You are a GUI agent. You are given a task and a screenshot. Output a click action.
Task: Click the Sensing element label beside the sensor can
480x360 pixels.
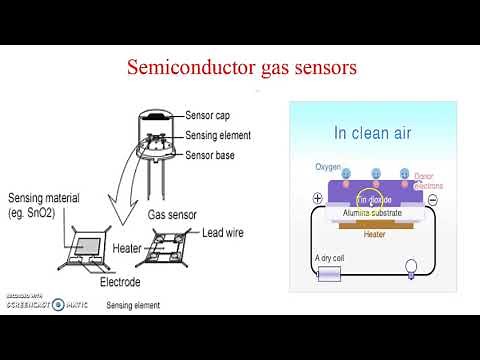[218, 135]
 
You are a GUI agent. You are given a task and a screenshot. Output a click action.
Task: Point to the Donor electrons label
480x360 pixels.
[428, 181]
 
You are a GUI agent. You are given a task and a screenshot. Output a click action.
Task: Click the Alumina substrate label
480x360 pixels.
[373, 213]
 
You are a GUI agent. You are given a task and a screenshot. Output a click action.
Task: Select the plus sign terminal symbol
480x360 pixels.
[317, 199]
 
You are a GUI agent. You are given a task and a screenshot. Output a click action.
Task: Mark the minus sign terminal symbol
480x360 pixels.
[433, 200]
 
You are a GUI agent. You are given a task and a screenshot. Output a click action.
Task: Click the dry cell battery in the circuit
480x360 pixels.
[329, 273]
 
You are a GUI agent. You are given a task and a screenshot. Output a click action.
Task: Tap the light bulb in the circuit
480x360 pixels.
[409, 267]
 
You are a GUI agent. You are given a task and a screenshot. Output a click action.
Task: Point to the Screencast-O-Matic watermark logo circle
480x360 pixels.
[58, 304]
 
